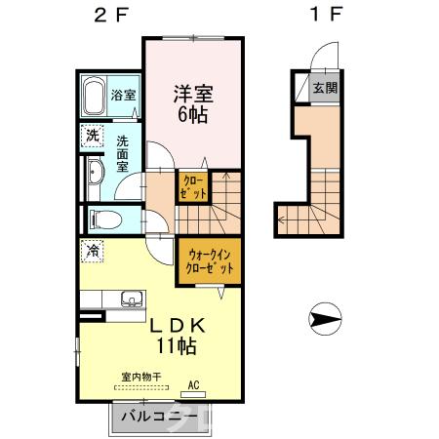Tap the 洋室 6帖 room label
192,101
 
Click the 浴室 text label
124,97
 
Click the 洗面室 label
123,153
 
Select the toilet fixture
100,218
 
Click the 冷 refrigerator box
91,251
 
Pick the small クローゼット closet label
192,187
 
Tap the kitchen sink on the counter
129,299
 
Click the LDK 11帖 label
176,336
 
